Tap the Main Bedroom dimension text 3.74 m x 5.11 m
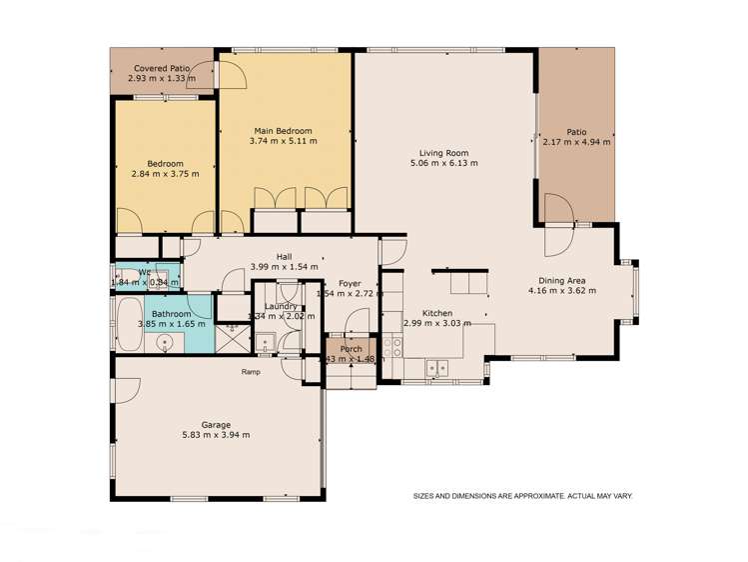283,142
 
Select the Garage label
217,424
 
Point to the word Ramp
251,372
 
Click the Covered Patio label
162,68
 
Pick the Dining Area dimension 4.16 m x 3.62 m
561,291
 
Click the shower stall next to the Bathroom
233,337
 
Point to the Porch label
350,350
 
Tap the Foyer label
349,283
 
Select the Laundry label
282,306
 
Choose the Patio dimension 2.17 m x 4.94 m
576,142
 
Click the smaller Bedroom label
166,163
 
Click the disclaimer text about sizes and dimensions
523,495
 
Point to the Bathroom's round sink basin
163,343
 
